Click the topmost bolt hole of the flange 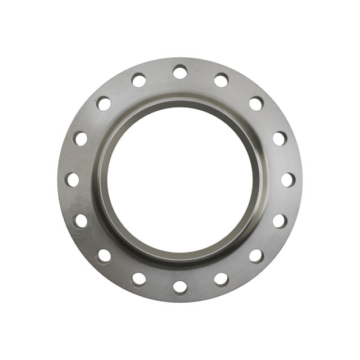[x=180, y=72]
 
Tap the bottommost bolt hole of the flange [x=180, y=287]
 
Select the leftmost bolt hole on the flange [x=73, y=179]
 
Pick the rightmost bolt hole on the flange [x=287, y=179]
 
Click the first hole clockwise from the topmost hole [x=221, y=80]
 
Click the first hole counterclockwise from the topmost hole [x=139, y=80]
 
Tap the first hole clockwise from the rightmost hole [x=280, y=220]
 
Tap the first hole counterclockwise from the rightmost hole [x=280, y=138]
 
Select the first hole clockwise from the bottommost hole [x=139, y=279]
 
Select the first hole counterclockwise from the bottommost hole [x=221, y=279]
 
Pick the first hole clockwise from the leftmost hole [x=80, y=138]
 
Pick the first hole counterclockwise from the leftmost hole [x=80, y=220]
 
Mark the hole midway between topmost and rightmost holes [x=256, y=103]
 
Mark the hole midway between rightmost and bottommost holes [x=256, y=256]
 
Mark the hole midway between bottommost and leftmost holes [x=104, y=256]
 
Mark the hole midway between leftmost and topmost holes [x=104, y=103]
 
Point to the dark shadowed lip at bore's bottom [x=180, y=258]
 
